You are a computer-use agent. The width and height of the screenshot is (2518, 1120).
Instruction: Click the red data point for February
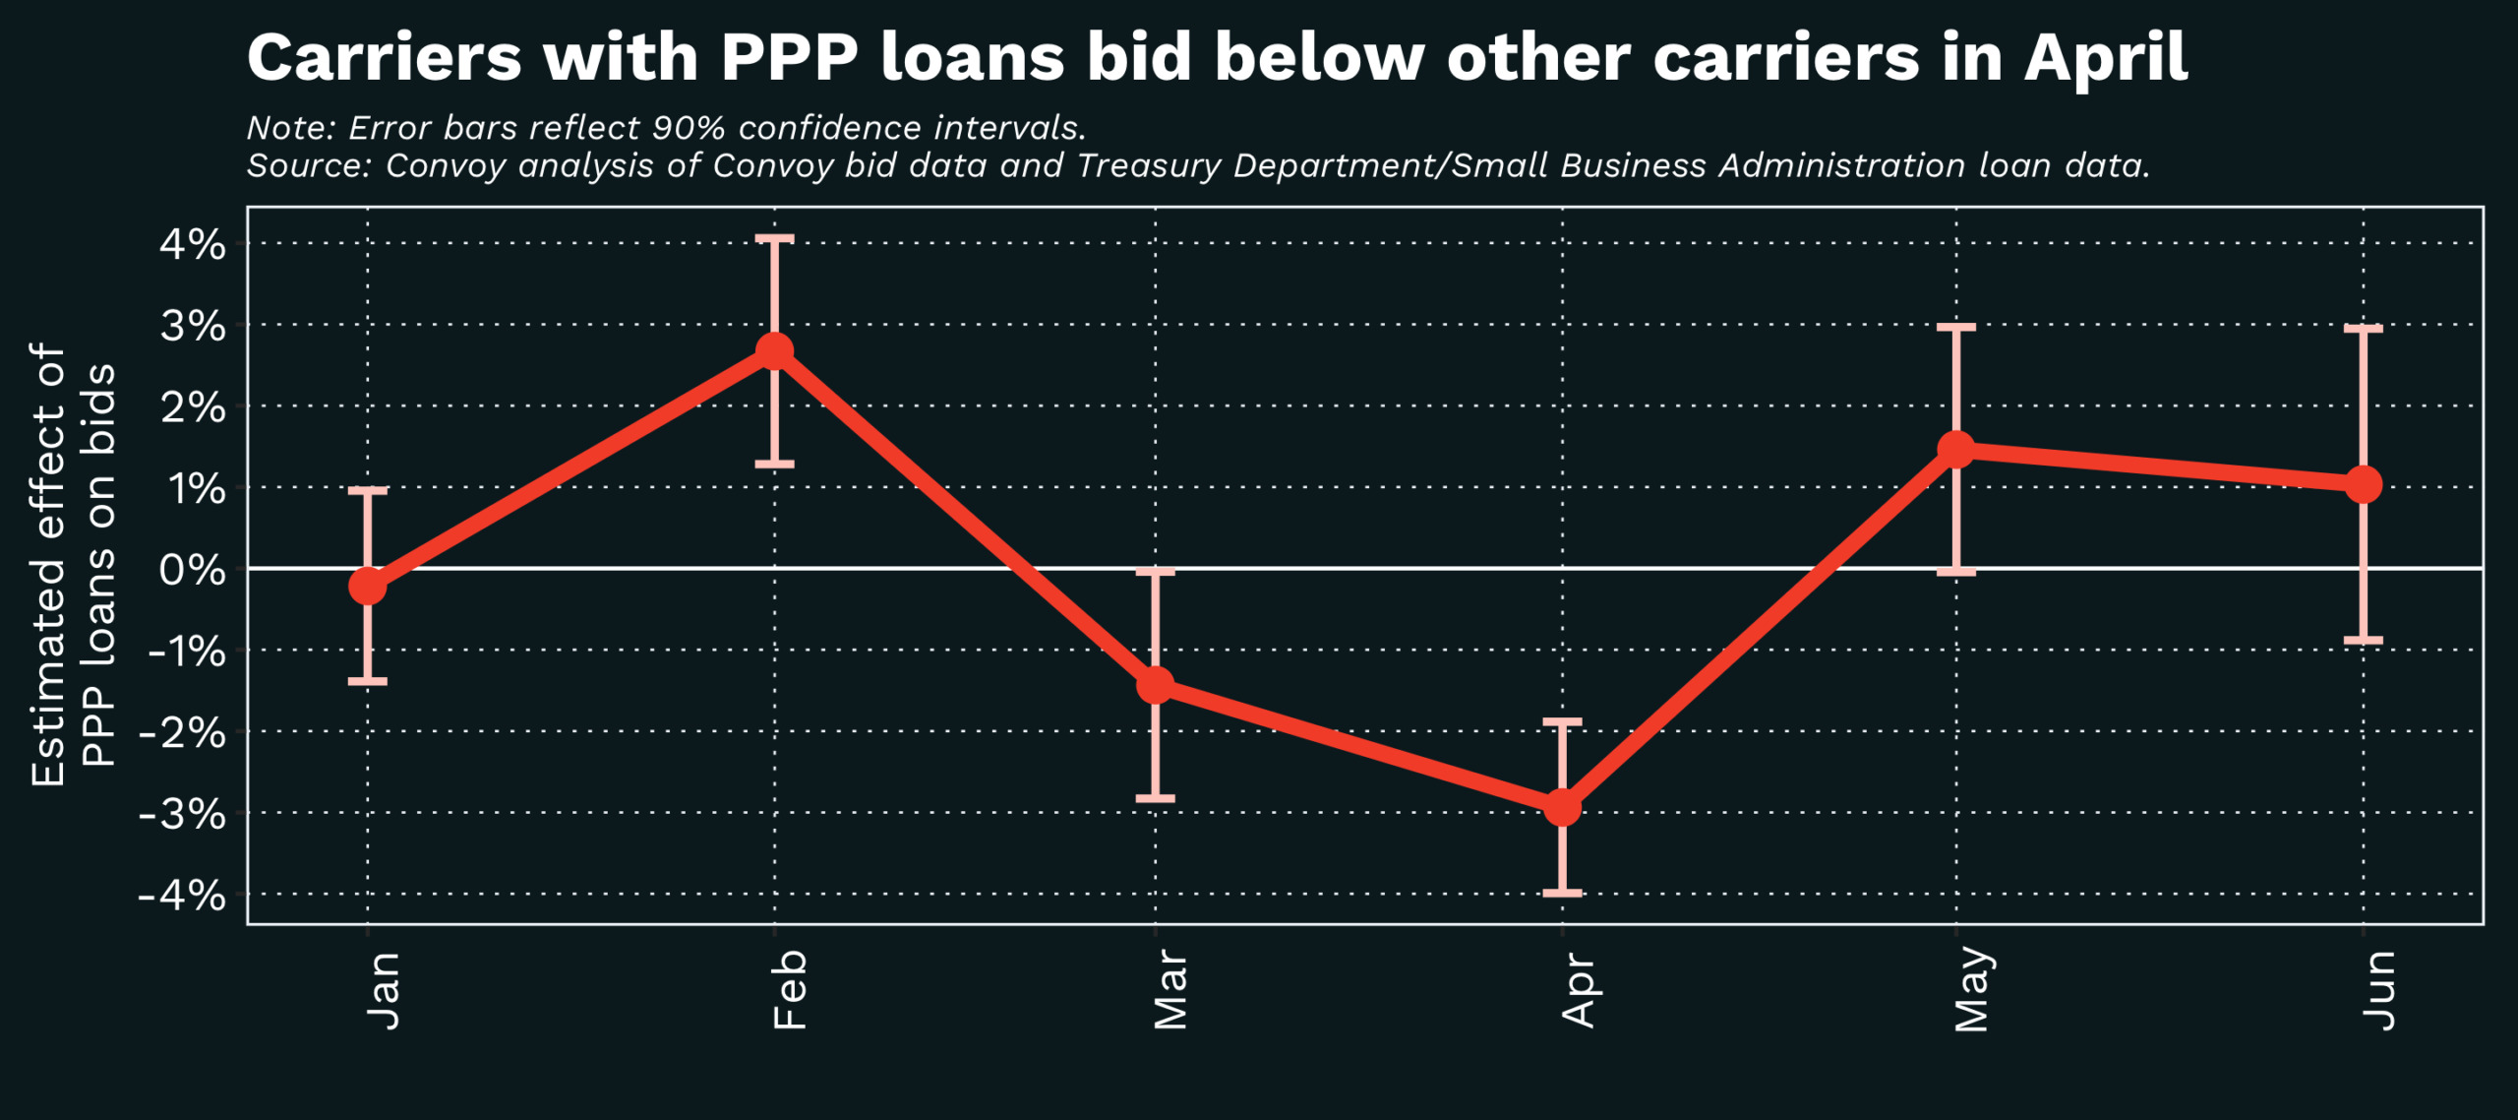pyautogui.click(x=775, y=350)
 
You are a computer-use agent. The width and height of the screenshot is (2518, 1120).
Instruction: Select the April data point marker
pyautogui.click(x=1562, y=808)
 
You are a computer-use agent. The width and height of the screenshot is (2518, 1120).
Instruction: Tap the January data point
pyautogui.click(x=368, y=586)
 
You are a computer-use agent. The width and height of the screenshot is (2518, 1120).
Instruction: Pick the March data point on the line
pyautogui.click(x=1156, y=685)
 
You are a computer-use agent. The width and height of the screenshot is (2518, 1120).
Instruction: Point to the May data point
pyautogui.click(x=1956, y=450)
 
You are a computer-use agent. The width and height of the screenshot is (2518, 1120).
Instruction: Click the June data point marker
pyautogui.click(x=2364, y=484)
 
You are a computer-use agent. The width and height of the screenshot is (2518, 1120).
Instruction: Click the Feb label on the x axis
pyautogui.click(x=790, y=989)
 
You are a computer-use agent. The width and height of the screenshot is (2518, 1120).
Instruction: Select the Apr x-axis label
pyautogui.click(x=1578, y=989)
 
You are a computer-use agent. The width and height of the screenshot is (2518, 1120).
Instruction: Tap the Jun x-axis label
pyautogui.click(x=2379, y=989)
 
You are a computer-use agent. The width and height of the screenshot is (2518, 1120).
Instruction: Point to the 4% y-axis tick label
pyautogui.click(x=193, y=244)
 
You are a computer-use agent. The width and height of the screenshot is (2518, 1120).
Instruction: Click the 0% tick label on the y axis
pyautogui.click(x=193, y=570)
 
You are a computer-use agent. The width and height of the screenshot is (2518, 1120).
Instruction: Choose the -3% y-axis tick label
pyautogui.click(x=182, y=814)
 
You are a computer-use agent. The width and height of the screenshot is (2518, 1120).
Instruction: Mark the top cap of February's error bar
pyautogui.click(x=775, y=238)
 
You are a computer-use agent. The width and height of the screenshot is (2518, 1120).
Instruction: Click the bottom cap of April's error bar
pyautogui.click(x=1562, y=893)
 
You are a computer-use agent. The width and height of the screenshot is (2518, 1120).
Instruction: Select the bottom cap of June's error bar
pyautogui.click(x=2364, y=641)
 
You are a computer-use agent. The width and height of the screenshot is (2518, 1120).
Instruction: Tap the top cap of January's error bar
pyautogui.click(x=368, y=489)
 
